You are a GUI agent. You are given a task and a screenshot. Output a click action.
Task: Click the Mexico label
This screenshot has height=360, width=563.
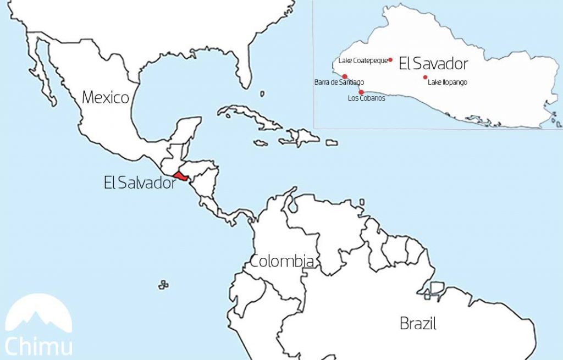(106, 98)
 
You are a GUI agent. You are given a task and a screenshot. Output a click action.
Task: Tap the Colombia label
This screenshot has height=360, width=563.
(282, 262)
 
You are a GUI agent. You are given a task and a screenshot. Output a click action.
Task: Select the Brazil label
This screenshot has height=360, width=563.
(418, 324)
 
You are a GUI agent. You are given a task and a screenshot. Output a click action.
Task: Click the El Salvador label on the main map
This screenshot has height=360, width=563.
(140, 183)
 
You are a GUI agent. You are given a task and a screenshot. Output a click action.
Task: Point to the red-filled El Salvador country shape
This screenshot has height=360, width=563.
(181, 176)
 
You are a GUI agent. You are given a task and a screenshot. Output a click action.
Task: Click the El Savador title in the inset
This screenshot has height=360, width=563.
(433, 64)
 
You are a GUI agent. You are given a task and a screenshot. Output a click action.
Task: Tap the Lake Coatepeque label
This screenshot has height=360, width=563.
(363, 60)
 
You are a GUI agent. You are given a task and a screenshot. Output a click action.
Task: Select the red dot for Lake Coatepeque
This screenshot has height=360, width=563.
(390, 60)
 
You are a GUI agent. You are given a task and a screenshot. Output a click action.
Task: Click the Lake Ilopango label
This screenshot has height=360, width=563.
(448, 82)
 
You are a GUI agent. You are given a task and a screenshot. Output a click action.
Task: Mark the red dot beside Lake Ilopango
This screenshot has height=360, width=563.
(425, 77)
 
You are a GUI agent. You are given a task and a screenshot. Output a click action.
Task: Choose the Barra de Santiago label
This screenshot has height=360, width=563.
(339, 82)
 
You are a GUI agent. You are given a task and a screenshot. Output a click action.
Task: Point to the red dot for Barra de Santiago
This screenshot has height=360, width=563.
(345, 76)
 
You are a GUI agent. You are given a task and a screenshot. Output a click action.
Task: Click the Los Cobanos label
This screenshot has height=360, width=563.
(367, 98)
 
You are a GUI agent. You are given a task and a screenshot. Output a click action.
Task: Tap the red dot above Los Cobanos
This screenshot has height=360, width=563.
(361, 92)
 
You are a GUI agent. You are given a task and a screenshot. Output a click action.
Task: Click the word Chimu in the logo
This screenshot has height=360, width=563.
(38, 347)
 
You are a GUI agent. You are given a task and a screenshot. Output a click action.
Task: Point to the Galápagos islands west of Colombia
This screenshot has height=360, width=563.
(163, 285)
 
